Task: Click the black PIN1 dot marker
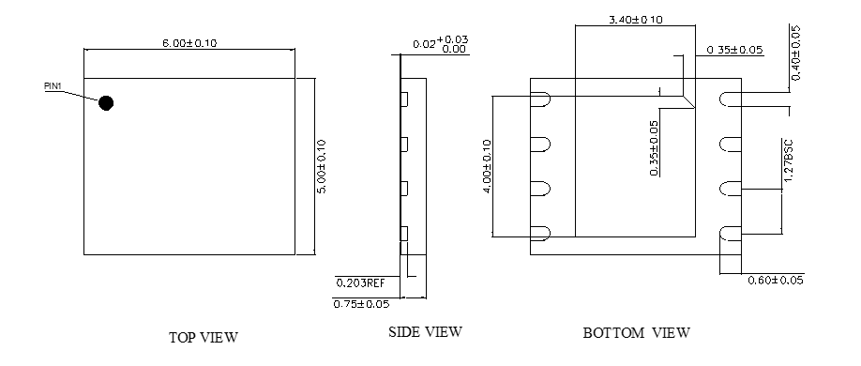(106, 103)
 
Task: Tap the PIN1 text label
(53, 86)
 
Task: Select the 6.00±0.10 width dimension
(189, 43)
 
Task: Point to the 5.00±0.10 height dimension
(322, 166)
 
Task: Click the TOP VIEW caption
(204, 337)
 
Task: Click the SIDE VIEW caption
(425, 332)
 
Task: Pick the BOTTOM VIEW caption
(637, 332)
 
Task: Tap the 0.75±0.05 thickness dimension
(361, 304)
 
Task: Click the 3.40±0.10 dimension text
(636, 20)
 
